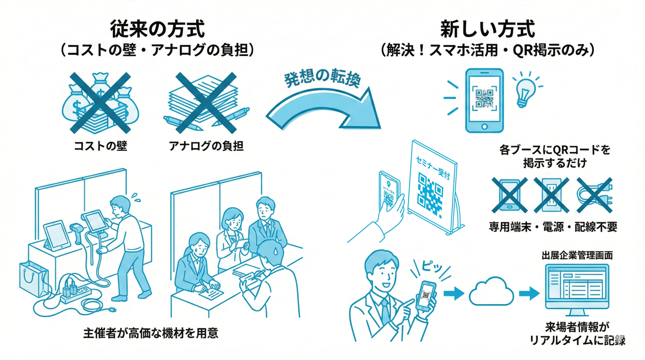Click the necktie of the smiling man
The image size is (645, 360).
pos(385,312)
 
